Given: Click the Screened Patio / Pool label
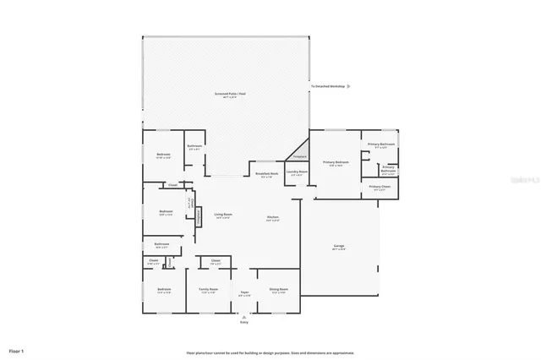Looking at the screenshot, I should point(230,94).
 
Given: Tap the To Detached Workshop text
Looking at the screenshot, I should point(327,86).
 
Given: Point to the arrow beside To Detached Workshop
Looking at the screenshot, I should point(349,86).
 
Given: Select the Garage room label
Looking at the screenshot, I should point(338,246).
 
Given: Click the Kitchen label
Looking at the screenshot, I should point(273,217).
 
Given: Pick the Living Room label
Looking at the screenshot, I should point(222,215).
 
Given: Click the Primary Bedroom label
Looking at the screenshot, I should point(336,162).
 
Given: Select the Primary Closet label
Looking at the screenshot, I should point(380,187).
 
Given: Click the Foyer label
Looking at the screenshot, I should point(244,292).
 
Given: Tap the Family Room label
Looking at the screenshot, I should point(208,290).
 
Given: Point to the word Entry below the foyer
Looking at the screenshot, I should point(244,322).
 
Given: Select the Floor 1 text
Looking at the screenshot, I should point(17,350).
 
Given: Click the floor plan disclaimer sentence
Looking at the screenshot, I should point(270,352).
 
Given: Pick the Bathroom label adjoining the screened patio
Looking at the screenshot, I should point(194,146).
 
